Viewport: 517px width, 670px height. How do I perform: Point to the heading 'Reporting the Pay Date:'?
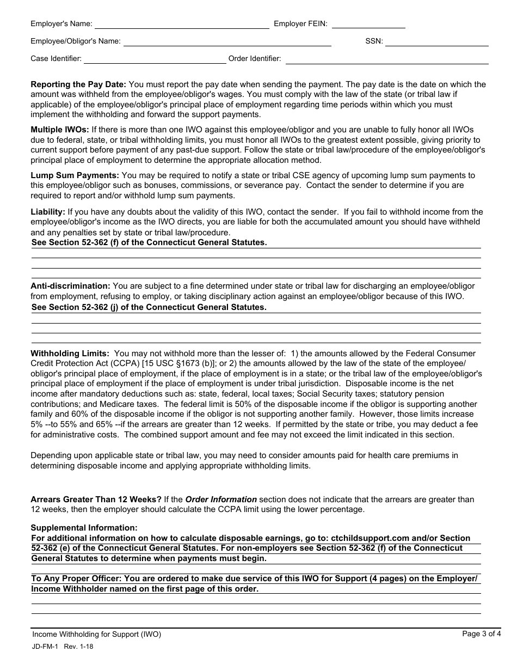tap(78, 84)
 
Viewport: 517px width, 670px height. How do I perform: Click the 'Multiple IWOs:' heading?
tap(60, 130)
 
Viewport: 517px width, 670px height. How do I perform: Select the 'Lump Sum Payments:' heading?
tap(75, 175)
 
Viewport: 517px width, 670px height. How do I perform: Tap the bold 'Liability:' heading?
tap(48, 212)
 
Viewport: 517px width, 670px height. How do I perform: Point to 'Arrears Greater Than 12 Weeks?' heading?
tap(96, 500)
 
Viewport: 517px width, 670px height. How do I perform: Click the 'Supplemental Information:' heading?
tap(84, 528)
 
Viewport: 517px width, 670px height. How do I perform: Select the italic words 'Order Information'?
tap(221, 500)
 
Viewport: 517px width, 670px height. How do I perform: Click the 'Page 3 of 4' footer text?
tap(481, 634)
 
